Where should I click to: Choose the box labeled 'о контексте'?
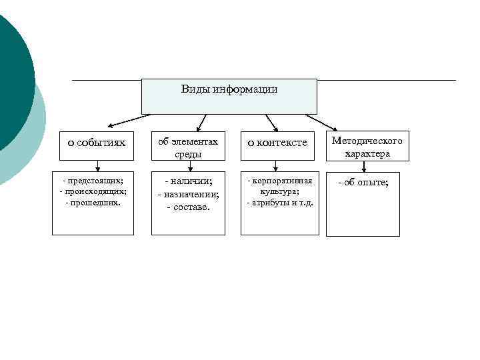[x=277, y=143]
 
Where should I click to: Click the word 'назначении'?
[x=191, y=194]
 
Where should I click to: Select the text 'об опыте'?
[x=366, y=182]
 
